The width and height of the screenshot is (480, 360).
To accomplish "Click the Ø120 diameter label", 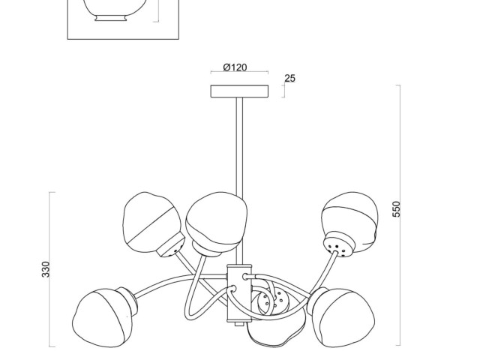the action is click(235, 68).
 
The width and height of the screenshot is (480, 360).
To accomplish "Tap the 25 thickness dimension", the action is click(290, 78).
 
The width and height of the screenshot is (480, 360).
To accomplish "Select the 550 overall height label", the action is click(397, 209).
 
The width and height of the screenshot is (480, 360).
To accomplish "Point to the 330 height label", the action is click(45, 270).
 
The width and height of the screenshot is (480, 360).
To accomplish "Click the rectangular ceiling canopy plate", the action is click(239, 91).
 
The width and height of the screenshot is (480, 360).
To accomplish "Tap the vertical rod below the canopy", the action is click(239, 150).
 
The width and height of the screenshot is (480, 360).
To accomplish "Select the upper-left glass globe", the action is click(149, 221).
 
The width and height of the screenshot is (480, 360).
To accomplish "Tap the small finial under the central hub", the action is click(238, 325).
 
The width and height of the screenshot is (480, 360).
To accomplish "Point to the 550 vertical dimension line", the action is click(399, 150).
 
